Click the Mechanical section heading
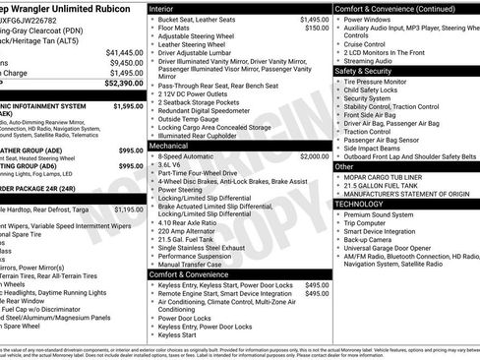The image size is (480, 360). point(175,146)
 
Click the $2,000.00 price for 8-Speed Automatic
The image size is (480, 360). point(314,156)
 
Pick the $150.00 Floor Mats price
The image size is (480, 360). point(317,29)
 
